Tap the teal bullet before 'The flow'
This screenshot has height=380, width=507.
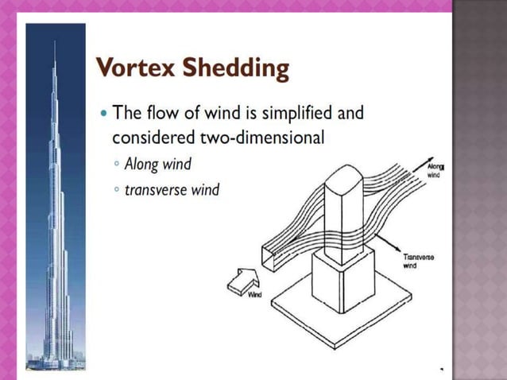pos(104,112)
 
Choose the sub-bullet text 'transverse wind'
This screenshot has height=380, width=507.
pos(171,191)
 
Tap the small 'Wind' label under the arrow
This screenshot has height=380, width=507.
pos(256,295)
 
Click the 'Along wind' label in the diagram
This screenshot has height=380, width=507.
pos(435,170)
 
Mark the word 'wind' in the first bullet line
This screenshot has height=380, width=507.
pos(209,112)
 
